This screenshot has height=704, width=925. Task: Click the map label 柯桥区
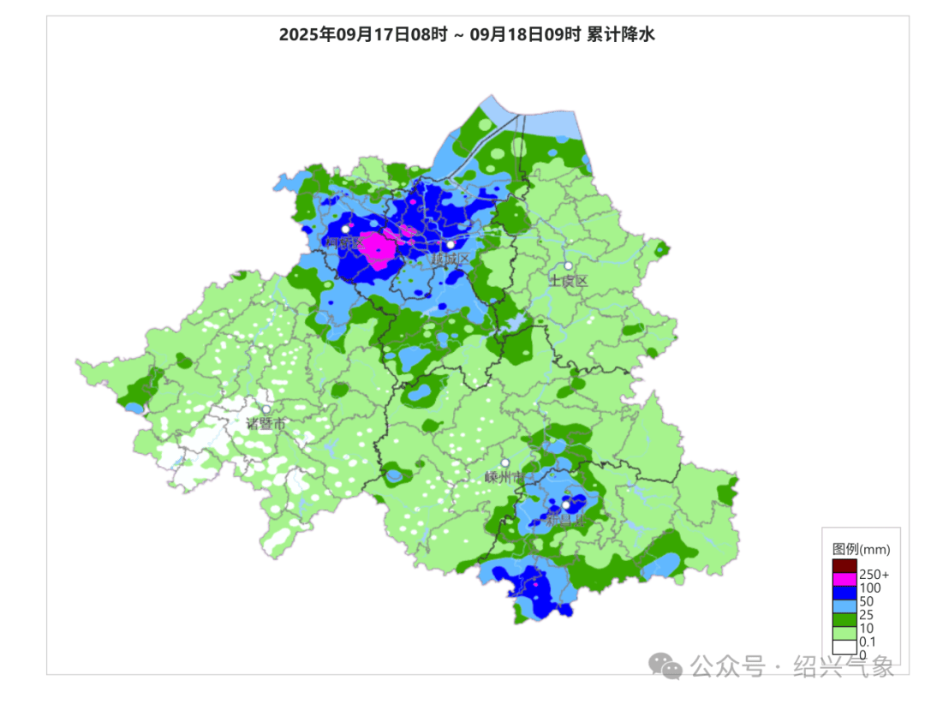[x=344, y=243]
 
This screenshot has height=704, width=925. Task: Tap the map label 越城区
[x=451, y=259]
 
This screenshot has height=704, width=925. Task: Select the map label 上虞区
[x=569, y=281]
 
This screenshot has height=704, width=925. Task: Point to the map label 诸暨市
[x=266, y=423]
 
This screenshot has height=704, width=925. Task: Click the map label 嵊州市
[x=504, y=477]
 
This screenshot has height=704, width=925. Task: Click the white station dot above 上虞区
[x=568, y=266]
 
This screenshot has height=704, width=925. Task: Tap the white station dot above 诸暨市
[x=266, y=409]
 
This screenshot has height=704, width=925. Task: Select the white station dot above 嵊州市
[x=505, y=462]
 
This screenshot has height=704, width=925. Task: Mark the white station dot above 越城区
[x=451, y=244]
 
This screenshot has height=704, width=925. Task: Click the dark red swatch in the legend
[x=844, y=566]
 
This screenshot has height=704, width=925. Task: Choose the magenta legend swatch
[x=844, y=580]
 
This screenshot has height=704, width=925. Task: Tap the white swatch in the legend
[x=844, y=648]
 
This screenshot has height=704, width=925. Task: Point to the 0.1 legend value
[x=867, y=642]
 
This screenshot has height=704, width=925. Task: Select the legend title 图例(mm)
[x=862, y=549]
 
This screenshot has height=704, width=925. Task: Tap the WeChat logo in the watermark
[x=665, y=665]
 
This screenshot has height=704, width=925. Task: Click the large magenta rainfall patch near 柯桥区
[x=377, y=249]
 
